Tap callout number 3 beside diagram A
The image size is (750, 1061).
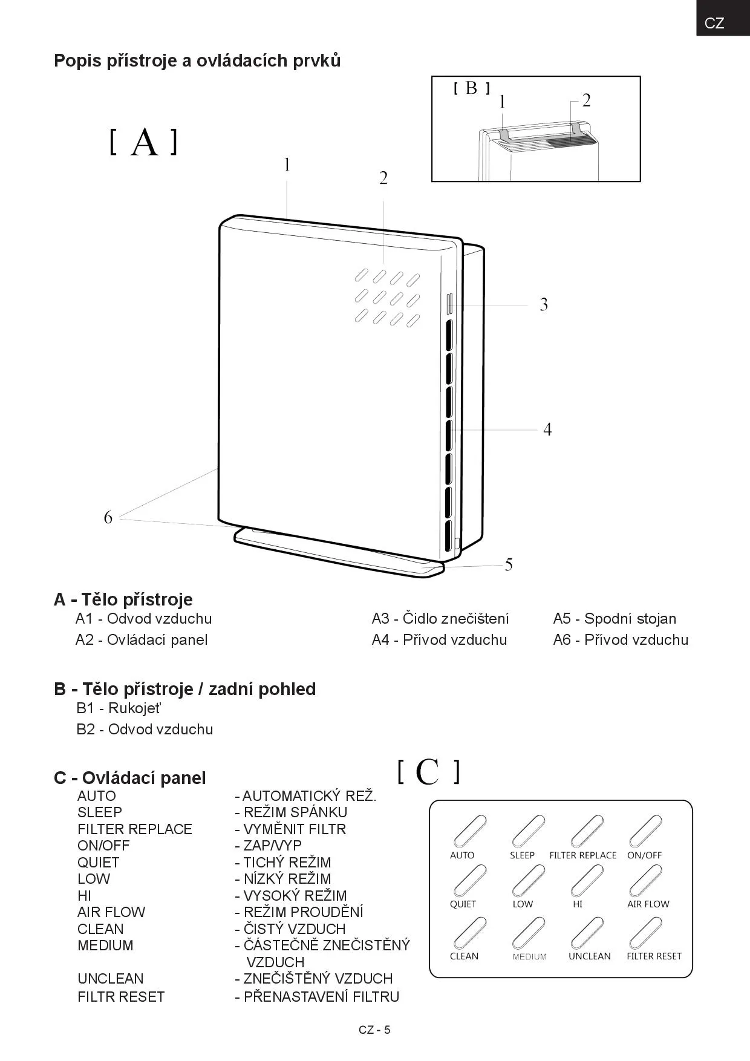point(544,304)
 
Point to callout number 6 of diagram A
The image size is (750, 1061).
point(108,518)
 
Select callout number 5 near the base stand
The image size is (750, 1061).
point(509,565)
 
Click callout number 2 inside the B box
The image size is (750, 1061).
point(585,100)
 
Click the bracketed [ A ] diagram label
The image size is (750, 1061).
point(144,143)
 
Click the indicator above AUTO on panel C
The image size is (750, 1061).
point(469,831)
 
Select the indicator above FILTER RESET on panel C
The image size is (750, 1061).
point(645,933)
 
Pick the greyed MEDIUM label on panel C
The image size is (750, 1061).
point(529,957)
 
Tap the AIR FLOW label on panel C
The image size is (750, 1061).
point(648,904)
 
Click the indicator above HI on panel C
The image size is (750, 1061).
point(587,881)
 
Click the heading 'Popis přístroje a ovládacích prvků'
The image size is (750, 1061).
point(197,60)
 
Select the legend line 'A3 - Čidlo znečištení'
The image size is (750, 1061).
point(440,619)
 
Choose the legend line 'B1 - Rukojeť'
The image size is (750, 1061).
point(119,708)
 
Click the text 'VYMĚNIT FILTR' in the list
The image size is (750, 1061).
point(294,829)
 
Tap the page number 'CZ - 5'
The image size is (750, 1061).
point(374,1030)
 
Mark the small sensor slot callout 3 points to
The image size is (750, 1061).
point(449,304)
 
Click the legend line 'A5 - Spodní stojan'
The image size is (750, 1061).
point(615,619)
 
